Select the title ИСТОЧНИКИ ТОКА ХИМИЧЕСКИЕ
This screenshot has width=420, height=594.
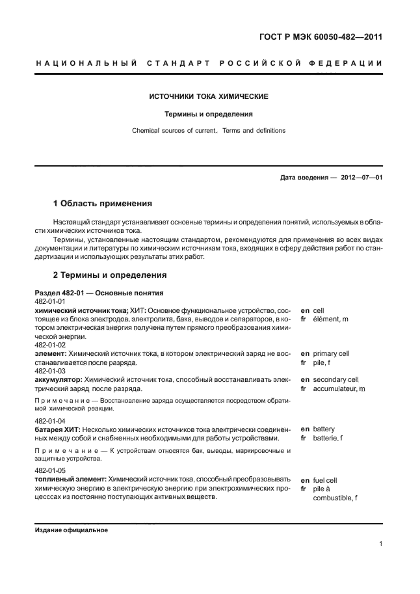209,96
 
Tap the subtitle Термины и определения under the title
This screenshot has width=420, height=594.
209,114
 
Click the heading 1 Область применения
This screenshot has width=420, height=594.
102,203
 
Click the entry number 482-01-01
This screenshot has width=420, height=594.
49,302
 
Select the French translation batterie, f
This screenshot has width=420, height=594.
328,439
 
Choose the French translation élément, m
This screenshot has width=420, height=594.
330,319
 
